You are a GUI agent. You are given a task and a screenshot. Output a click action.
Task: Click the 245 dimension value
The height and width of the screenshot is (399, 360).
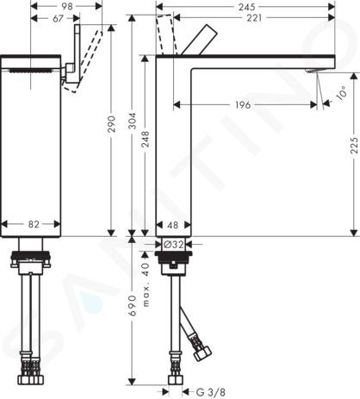246,7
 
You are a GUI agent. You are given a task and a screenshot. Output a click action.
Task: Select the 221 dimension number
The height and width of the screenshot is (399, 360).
254,18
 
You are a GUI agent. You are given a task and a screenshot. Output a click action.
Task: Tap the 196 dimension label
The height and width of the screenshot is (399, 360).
243,105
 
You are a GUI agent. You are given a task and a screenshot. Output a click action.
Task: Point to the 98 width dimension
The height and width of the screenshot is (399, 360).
67,6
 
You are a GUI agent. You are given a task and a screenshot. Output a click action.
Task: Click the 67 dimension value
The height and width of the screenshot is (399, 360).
58,18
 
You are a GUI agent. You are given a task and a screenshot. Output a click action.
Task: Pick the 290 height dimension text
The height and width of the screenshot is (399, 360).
111,124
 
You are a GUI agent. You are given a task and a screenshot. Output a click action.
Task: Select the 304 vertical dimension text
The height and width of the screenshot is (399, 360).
132,121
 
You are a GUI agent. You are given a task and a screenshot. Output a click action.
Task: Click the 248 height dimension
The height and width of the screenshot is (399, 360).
146,140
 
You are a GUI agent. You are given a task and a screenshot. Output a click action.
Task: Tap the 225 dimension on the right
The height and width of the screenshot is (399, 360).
354,145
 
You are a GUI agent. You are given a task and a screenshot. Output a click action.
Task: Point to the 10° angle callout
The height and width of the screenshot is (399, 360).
342,93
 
